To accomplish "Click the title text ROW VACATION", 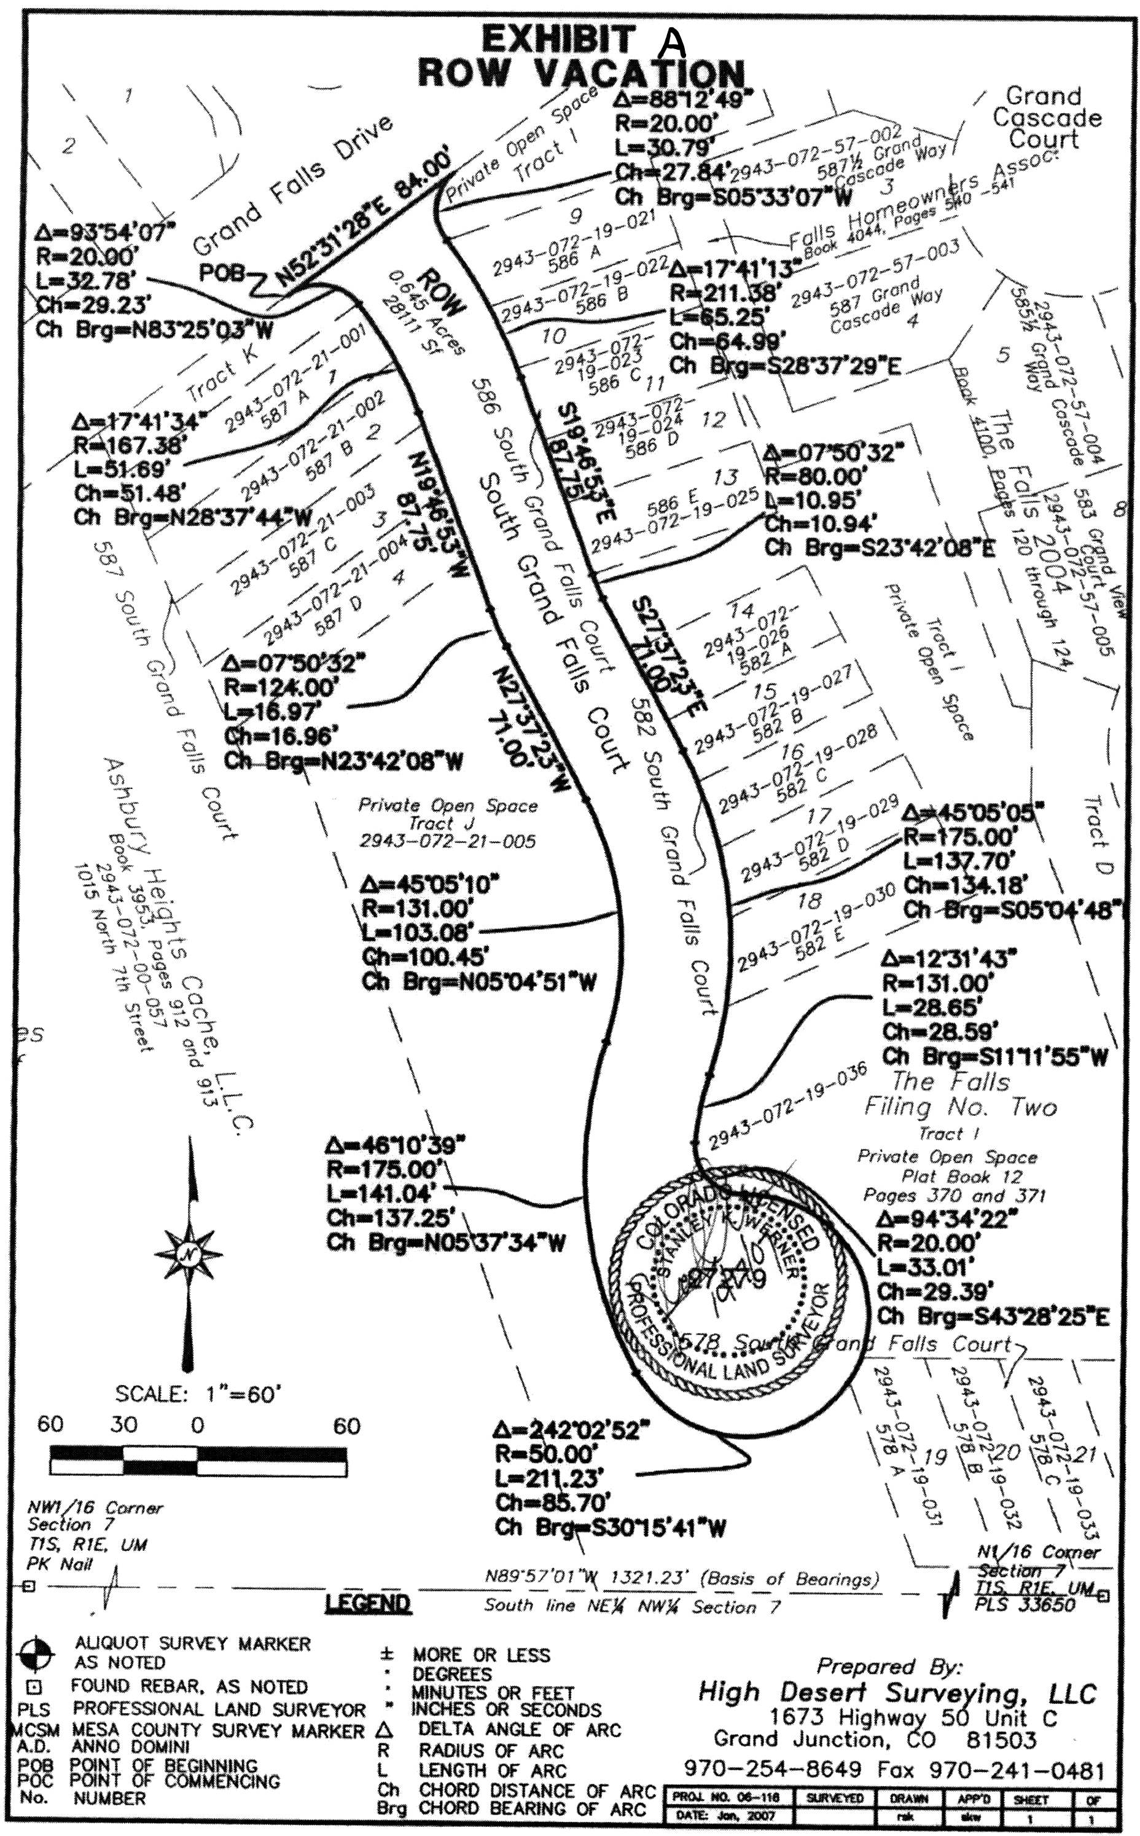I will click(580, 74).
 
